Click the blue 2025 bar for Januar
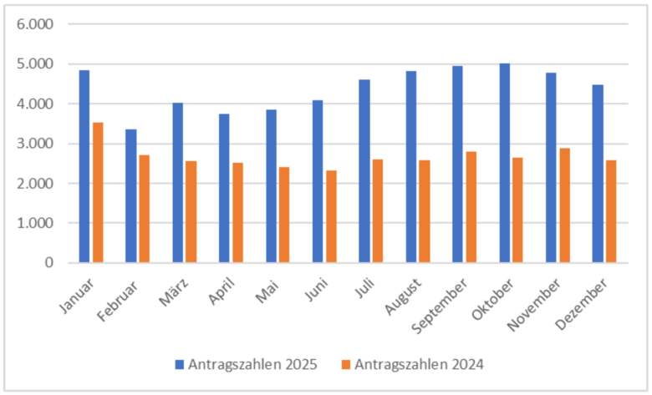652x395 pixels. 84,166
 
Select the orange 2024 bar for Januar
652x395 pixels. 98,193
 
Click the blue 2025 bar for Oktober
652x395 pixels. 505,163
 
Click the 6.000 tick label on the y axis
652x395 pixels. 36,24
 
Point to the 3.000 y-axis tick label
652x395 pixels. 36,144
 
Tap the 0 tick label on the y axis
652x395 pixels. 48,263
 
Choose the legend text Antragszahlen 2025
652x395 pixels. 252,364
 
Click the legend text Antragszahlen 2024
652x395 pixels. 420,364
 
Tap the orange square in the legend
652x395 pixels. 346,365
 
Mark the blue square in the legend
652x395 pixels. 178,365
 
